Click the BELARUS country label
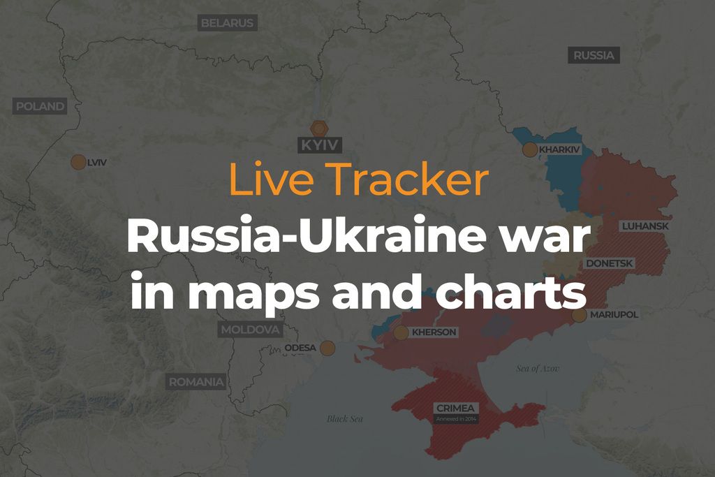click(x=227, y=23)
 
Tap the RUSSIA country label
click(x=594, y=55)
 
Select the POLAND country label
click(x=40, y=107)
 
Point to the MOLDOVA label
click(x=250, y=330)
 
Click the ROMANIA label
click(x=196, y=382)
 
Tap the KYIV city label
click(x=319, y=145)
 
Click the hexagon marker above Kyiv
click(x=319, y=129)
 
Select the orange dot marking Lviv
click(x=78, y=162)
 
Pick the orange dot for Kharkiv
click(x=530, y=149)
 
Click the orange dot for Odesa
click(x=327, y=348)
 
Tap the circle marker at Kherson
click(x=401, y=332)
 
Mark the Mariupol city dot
click(x=579, y=315)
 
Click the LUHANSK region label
click(x=645, y=226)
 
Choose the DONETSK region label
click(x=610, y=263)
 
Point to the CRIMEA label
click(x=455, y=408)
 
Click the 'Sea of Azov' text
click(x=538, y=368)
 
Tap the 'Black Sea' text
click(x=346, y=419)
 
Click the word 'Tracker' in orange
click(x=409, y=180)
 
